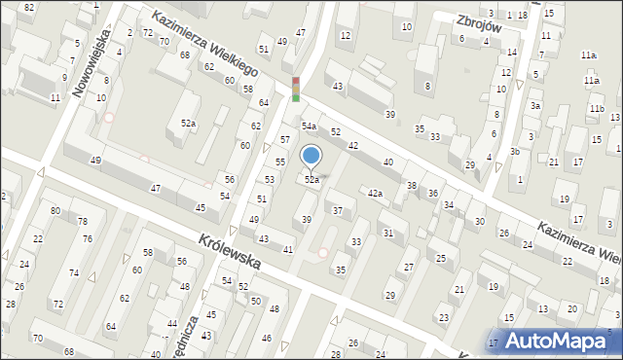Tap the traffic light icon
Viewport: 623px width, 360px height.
coord(295,89)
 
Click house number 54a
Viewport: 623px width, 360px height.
coord(309,126)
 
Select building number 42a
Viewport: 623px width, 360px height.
coord(375,194)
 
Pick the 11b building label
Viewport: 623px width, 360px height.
coord(596,108)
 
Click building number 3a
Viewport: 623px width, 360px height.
coord(534,105)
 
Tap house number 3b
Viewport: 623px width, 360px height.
coord(515,152)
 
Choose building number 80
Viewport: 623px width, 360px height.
coord(55,210)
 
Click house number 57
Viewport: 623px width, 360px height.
coord(284,140)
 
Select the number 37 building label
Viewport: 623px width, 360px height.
coord(338,210)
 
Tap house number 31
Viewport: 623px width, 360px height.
coord(386,233)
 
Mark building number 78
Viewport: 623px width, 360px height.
coord(84,222)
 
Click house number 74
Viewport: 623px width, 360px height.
coord(73,273)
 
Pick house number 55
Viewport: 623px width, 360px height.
coord(279,162)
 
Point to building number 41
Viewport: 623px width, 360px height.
coord(288,250)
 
